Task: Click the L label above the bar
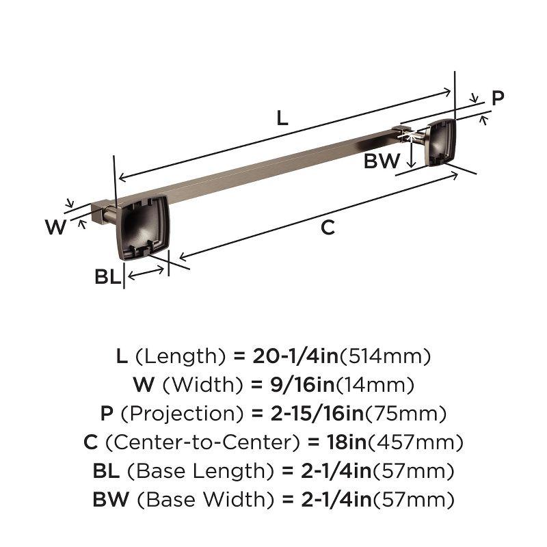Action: point(282,118)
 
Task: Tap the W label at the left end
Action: point(55,226)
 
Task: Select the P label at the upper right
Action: point(498,98)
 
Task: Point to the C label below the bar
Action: point(328,228)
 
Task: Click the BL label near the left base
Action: point(107,277)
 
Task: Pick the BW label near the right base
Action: point(382,161)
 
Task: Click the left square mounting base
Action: point(143,227)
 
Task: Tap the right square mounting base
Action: point(440,142)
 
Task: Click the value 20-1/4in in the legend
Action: point(295,356)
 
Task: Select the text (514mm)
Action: point(385,356)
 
